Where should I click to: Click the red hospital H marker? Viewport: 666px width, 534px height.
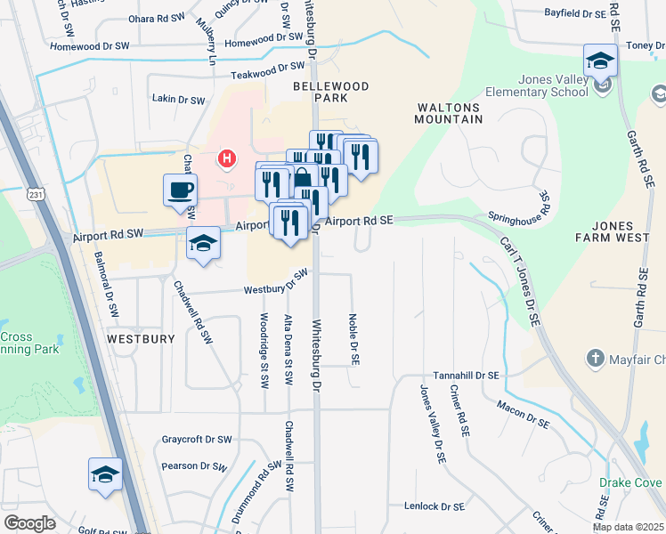click(228, 159)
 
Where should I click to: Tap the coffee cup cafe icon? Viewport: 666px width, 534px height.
click(180, 190)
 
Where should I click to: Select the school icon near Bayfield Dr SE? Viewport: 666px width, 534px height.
click(600, 61)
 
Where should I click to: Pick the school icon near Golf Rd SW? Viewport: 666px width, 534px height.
click(105, 475)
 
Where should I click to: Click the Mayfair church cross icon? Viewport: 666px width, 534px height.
click(595, 359)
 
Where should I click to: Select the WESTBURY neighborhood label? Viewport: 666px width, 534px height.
click(134, 339)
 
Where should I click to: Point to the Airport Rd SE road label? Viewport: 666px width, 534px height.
click(359, 220)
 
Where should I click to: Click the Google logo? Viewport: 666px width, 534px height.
click(29, 523)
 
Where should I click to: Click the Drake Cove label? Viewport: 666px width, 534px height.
click(631, 482)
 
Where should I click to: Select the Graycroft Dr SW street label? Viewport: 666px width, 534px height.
click(197, 440)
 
